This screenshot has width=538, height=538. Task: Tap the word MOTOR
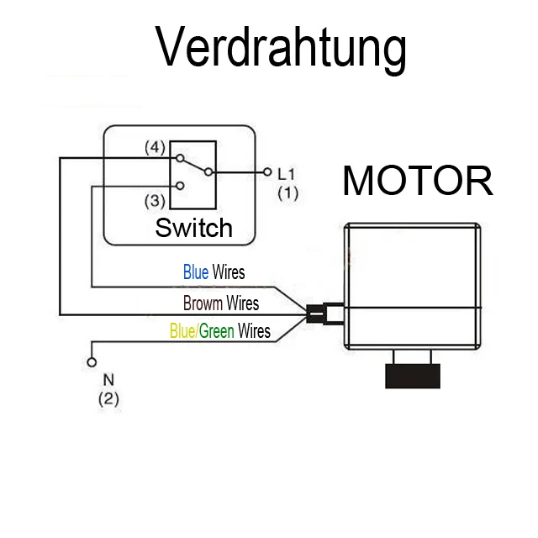click(x=416, y=181)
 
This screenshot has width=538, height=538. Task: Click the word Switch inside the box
click(x=193, y=227)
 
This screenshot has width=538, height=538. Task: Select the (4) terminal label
click(x=154, y=148)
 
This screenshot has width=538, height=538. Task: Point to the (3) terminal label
click(x=154, y=201)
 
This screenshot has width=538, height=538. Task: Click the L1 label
click(x=287, y=174)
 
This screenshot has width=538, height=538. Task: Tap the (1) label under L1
click(x=287, y=193)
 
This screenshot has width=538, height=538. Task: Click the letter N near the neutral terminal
click(x=108, y=379)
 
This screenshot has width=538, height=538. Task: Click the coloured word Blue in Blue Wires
click(x=196, y=272)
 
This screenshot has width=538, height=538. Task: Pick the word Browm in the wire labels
click(x=203, y=303)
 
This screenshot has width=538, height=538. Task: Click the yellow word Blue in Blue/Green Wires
click(x=182, y=330)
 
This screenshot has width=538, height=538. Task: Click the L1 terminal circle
click(x=267, y=171)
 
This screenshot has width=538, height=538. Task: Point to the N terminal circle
click(x=92, y=363)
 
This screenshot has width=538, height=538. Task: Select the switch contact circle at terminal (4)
click(x=179, y=157)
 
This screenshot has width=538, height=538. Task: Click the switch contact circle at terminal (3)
click(x=179, y=186)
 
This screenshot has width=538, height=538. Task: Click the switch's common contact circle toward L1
click(x=208, y=171)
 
